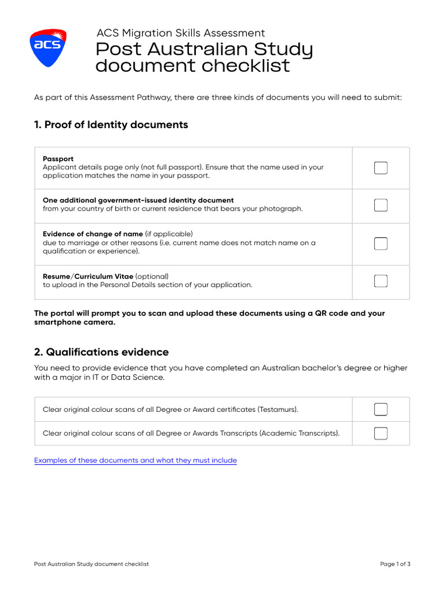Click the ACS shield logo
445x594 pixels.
click(x=48, y=46)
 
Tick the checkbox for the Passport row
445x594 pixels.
click(x=381, y=168)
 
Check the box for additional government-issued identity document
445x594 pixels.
click(x=381, y=205)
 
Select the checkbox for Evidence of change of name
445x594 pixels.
click(x=381, y=244)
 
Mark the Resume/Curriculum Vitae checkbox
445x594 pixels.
click(x=381, y=281)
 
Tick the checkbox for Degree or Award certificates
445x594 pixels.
click(x=381, y=410)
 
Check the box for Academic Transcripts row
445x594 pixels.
click(x=381, y=433)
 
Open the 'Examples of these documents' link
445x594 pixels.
click(x=136, y=461)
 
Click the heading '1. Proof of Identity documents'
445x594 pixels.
click(x=111, y=125)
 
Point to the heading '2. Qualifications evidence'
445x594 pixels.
click(x=101, y=352)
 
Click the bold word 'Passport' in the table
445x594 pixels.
click(x=58, y=158)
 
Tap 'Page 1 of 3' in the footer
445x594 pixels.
click(x=395, y=564)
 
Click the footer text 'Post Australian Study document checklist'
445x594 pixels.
click(x=92, y=564)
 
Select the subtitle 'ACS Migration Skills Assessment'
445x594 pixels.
click(x=181, y=33)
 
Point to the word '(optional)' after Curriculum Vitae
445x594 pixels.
click(x=152, y=276)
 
